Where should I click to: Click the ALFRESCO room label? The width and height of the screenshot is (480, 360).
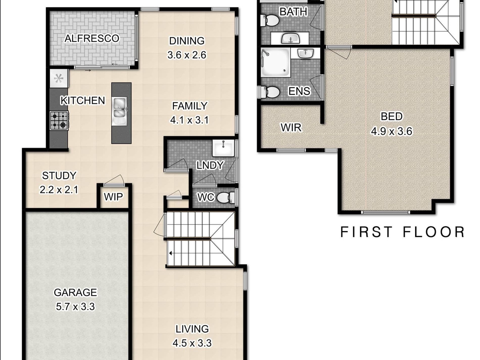92,38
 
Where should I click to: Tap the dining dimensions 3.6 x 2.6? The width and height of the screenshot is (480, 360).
187,55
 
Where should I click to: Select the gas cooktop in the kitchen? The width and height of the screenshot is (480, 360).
59,121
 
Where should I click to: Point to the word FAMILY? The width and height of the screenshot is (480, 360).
189,106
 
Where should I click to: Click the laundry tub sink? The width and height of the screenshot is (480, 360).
223,148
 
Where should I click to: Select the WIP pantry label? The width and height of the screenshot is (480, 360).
113,197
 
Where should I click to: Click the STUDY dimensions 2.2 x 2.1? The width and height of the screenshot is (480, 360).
59,189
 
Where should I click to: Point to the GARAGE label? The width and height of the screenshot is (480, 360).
75,293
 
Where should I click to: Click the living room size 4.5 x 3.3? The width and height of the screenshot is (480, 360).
192,343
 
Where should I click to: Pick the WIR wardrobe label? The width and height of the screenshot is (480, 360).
291,128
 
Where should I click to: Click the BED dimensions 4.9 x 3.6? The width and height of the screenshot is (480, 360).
392,131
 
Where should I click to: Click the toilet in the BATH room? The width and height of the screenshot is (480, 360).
270,20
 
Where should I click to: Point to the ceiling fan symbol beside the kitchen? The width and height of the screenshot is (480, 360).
59,79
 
